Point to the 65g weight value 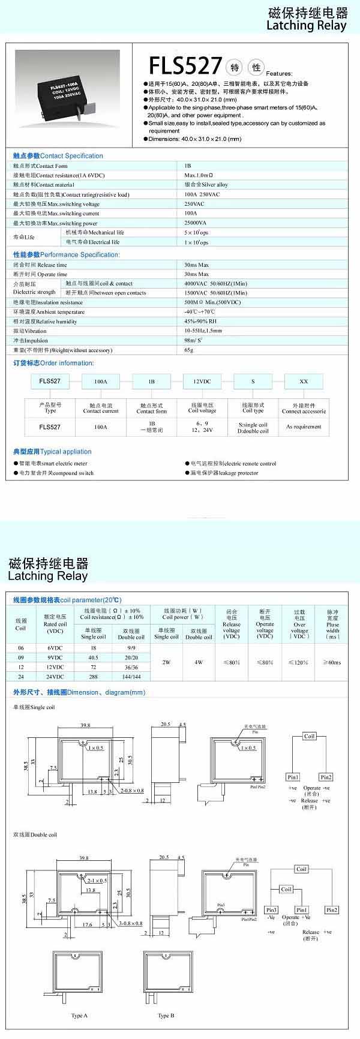189,350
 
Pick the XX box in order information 304,382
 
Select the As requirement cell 304,427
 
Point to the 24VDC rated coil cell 55,676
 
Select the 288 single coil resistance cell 94,676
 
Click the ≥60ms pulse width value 332,662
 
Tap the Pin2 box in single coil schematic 326,777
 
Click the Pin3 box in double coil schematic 272,910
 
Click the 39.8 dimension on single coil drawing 85,725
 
